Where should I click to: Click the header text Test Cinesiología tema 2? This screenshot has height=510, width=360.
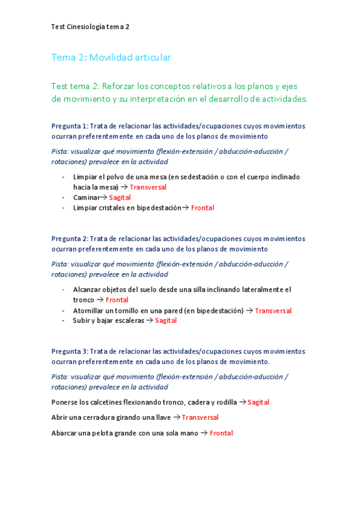[x=90, y=26]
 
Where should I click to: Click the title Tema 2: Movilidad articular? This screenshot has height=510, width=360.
[x=111, y=57]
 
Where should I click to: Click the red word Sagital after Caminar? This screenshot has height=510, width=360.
[x=120, y=197]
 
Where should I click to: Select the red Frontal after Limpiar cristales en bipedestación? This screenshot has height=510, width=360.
[x=203, y=208]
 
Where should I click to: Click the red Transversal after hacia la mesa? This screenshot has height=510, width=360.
[x=148, y=187]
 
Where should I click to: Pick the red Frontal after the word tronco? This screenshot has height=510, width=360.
[x=117, y=300]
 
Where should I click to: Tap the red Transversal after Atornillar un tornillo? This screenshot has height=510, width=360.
[x=273, y=310]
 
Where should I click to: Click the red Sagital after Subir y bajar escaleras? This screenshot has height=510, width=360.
[x=166, y=321]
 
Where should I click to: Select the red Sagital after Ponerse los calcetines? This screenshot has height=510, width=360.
[x=258, y=402]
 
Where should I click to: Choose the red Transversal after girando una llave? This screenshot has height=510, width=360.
[x=200, y=417]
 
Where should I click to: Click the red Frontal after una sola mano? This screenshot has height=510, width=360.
[x=221, y=433]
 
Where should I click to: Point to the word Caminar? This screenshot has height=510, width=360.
[x=86, y=197]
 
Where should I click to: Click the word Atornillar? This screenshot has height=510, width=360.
[x=90, y=310]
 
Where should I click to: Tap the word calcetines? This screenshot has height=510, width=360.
[x=105, y=402]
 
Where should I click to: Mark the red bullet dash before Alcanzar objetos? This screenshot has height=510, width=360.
[x=64, y=289]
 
